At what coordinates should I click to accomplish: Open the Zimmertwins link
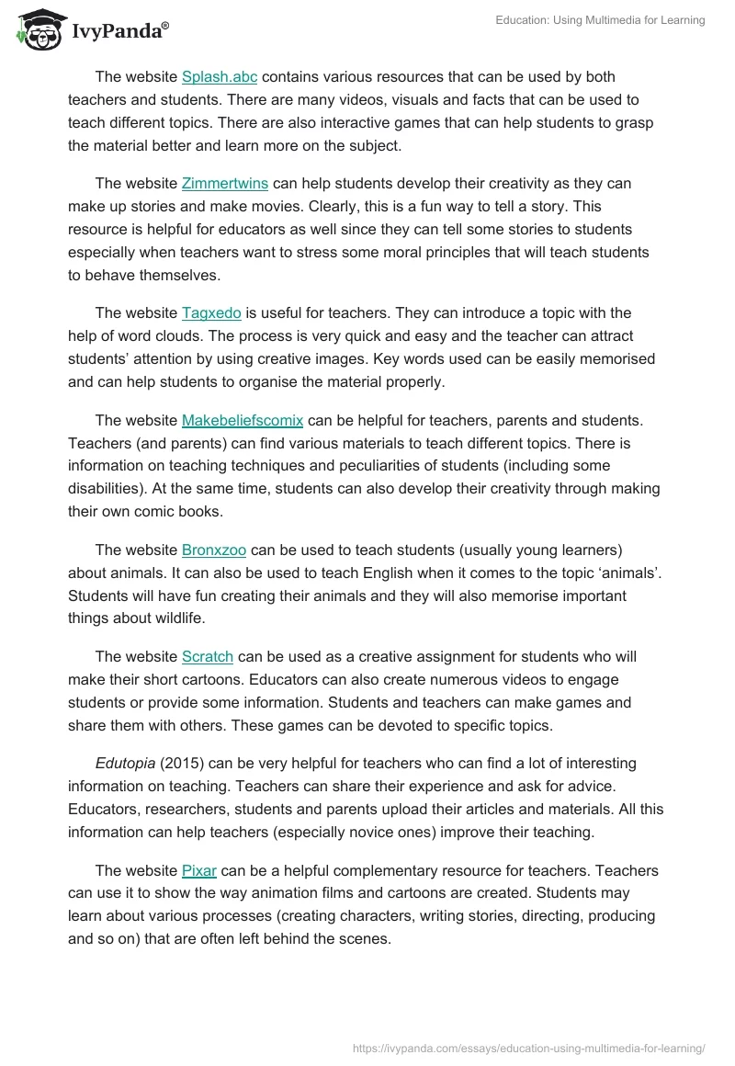tap(224, 184)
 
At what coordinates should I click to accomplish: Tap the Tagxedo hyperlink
tap(211, 313)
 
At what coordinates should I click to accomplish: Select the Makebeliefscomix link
tap(242, 421)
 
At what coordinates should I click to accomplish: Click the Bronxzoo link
tap(213, 550)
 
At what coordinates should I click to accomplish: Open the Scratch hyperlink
tap(207, 657)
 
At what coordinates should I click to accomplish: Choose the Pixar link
tap(198, 870)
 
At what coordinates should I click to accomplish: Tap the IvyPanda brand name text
tap(119, 32)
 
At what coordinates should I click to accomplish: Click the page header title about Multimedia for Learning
tap(599, 20)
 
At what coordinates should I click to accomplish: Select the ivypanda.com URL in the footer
tap(528, 1048)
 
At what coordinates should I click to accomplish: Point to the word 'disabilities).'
tap(112, 489)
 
